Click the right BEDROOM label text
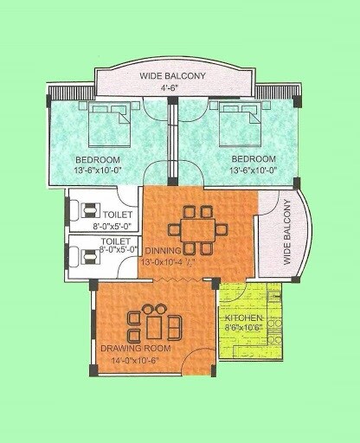pos(254,159)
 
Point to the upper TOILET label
pos(118,213)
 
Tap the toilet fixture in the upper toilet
pos(87,210)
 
